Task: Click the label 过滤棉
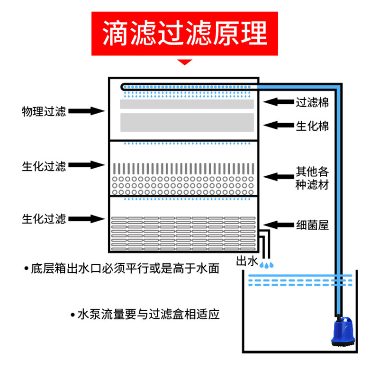click(x=312, y=102)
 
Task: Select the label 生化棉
click(x=312, y=126)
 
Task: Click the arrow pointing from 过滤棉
click(x=277, y=102)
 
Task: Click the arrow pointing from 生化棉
click(x=277, y=126)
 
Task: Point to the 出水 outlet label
click(x=246, y=261)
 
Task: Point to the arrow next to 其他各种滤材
click(x=277, y=177)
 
